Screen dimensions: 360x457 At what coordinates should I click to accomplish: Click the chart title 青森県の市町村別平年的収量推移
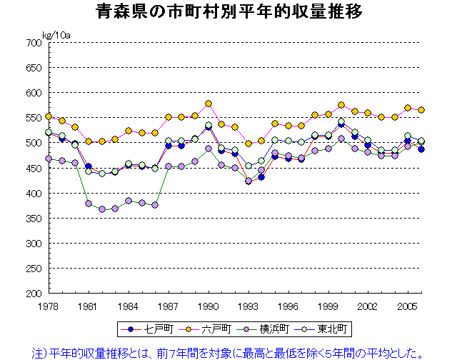[x=228, y=12]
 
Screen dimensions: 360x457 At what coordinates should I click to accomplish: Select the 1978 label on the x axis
[x=49, y=304]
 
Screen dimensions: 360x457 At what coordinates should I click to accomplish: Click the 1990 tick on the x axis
[x=209, y=304]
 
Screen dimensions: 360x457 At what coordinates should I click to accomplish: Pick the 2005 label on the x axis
[x=408, y=304]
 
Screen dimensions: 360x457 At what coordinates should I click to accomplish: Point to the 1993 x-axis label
[x=248, y=304]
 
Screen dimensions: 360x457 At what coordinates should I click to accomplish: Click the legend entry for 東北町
[x=322, y=329]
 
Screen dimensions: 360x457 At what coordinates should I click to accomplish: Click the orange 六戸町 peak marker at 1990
[x=209, y=104]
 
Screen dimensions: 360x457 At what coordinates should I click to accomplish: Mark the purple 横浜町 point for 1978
[x=49, y=159]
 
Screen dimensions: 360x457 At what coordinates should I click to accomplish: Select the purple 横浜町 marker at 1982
[x=102, y=209]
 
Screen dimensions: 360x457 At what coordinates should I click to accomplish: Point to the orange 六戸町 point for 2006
[x=421, y=110]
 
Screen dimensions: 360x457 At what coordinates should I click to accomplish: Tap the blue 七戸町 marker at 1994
[x=261, y=176]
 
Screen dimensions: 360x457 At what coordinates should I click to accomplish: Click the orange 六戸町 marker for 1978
[x=49, y=116]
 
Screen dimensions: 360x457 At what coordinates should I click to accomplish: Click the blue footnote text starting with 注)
[x=228, y=352]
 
